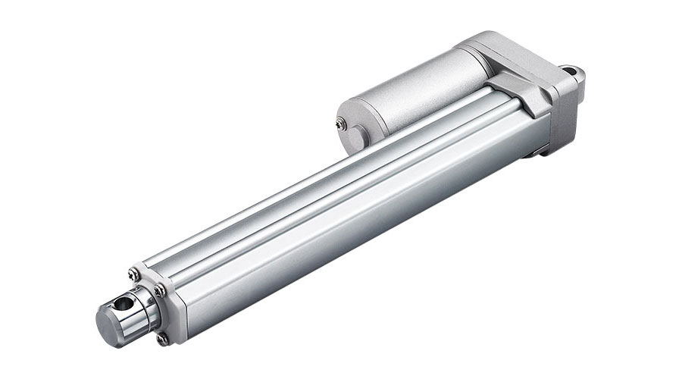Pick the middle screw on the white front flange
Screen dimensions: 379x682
click(x=158, y=290)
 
